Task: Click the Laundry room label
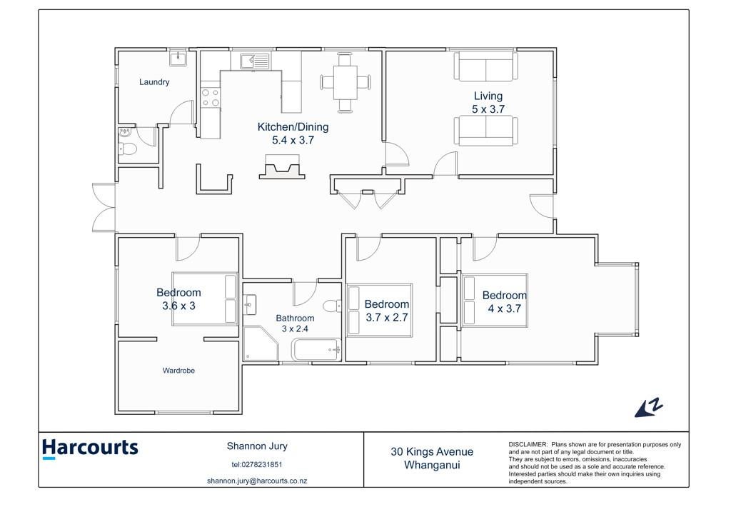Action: [x=154, y=82]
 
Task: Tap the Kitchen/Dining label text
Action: [x=293, y=127]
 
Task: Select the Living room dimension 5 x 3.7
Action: [x=488, y=109]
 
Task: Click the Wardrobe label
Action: [x=178, y=371]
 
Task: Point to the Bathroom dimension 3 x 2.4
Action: [x=295, y=328]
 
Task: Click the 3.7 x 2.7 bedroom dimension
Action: [x=386, y=318]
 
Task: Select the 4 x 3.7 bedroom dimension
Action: [x=504, y=308]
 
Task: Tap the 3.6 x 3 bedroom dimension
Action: [x=178, y=306]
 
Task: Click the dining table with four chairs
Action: [x=346, y=83]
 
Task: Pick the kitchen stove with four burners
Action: [x=211, y=97]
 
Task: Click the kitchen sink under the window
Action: [x=255, y=61]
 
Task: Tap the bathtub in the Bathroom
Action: [x=317, y=350]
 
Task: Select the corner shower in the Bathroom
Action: [x=260, y=343]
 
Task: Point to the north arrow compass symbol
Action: [x=648, y=408]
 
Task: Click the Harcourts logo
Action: [x=90, y=448]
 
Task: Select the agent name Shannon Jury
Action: [x=257, y=446]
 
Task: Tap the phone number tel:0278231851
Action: [x=257, y=464]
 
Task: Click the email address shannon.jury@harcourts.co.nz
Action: [x=257, y=481]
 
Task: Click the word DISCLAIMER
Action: [x=528, y=445]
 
